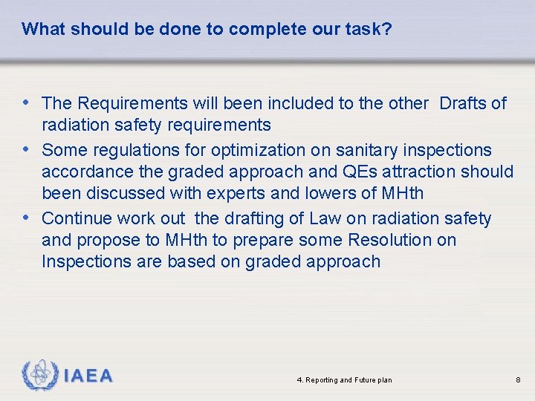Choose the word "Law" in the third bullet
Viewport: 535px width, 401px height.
[x=324, y=218]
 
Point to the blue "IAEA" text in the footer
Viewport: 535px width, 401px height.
[x=88, y=376]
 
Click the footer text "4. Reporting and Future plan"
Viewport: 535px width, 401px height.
[x=344, y=380]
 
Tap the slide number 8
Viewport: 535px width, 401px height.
[x=518, y=380]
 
